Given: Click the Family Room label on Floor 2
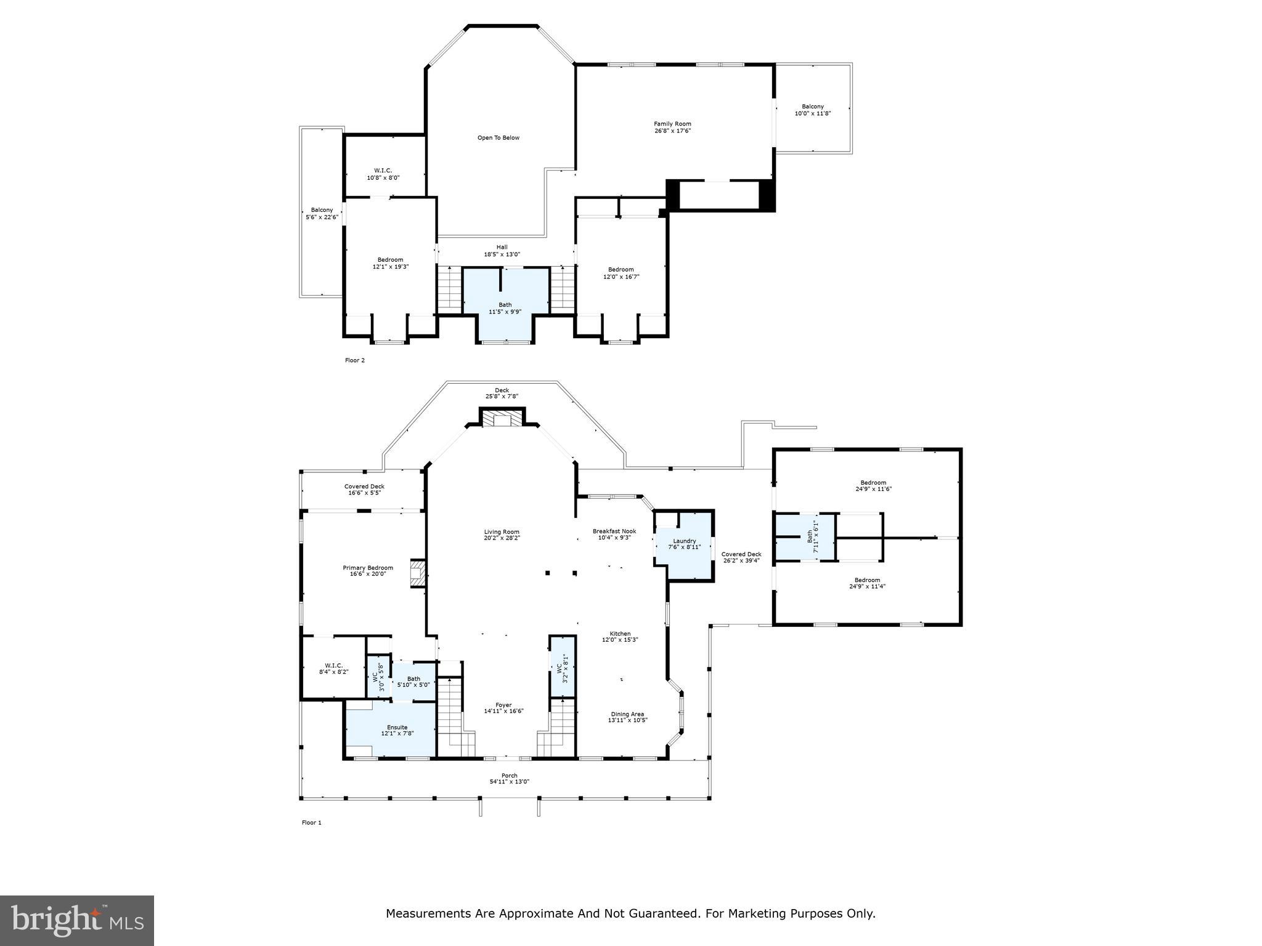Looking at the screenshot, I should pos(672,127).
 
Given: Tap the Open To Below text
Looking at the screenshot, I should pos(498,138).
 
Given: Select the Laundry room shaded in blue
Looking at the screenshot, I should pos(684,544).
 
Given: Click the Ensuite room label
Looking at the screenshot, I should pos(397,730).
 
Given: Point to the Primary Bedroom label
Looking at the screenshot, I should pos(368,570).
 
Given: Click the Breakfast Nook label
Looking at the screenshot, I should pos(614,534).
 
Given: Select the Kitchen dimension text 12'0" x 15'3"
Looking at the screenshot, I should pos(620,640).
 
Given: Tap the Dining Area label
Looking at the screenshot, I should pos(627,717).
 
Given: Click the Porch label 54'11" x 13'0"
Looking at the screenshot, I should pos(509,778).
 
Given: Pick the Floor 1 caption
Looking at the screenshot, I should pos(311,822).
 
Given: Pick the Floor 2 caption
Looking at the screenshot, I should pos(354,360).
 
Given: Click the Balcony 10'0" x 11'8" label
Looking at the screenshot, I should pos(812,110).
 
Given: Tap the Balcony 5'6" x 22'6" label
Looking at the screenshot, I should pos(322,213).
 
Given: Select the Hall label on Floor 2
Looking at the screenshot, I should pos(502,250).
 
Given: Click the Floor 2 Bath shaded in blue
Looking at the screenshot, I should pos(505,308).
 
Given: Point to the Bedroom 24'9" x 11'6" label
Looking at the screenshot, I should pos(873,486).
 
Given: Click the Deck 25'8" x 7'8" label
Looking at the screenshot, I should pos(502,393).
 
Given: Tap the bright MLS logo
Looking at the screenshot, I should pos(77,921).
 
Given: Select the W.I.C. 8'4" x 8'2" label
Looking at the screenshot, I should pos(333,668).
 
